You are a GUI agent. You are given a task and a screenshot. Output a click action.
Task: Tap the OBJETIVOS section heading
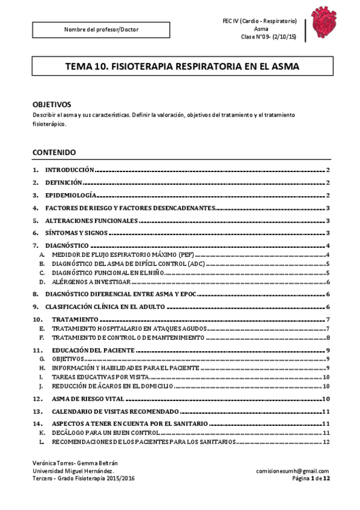(52, 103)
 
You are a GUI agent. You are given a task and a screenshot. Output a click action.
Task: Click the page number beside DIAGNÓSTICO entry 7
(328, 246)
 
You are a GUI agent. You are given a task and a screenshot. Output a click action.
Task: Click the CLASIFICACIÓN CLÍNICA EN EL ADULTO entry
(105, 307)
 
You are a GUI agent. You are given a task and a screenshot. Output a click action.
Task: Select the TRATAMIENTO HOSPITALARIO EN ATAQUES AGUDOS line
(129, 328)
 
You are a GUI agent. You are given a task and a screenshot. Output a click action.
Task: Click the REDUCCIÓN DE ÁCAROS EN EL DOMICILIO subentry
(112, 385)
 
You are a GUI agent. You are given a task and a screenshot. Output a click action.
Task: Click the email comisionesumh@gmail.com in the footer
(292, 471)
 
